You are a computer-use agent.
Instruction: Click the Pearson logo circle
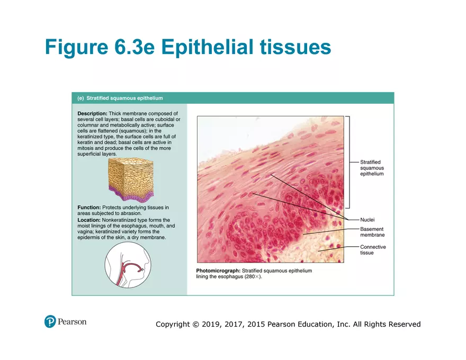point(50,321)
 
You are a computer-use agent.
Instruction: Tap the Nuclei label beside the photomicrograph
point(367,219)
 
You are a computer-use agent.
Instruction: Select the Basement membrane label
point(372,232)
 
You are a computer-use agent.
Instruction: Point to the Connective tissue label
point(373,250)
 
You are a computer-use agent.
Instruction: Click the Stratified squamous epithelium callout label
point(372,168)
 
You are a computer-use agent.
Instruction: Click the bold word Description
point(92,113)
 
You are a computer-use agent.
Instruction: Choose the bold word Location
point(89,220)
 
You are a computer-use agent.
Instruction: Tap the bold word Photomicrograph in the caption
point(218,271)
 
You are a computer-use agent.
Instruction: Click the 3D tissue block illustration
point(130,179)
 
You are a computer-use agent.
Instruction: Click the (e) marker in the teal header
point(80,98)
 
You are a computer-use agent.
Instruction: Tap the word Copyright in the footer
point(173,325)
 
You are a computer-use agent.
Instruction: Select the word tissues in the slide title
point(292,47)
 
